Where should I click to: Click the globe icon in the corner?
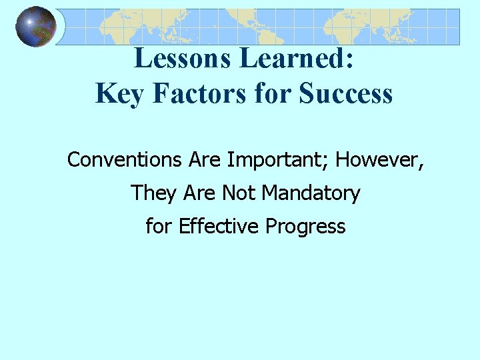point(36,27)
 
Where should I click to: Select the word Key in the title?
point(119,93)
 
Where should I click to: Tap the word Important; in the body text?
point(278,160)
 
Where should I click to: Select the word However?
point(380,160)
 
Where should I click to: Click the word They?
point(153,193)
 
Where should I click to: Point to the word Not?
point(239,193)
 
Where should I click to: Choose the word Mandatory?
point(311,193)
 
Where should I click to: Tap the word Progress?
point(305,227)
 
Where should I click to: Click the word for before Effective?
point(159,227)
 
